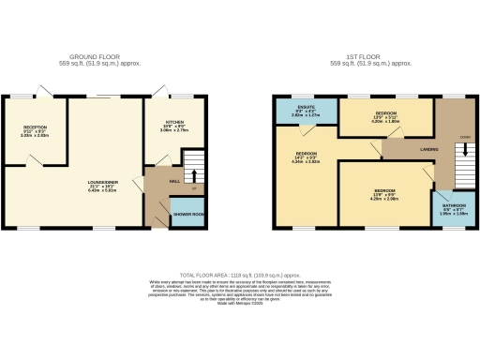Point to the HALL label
coord(174,180)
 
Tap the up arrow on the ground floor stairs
coord(194,175)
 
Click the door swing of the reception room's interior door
coord(35,161)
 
